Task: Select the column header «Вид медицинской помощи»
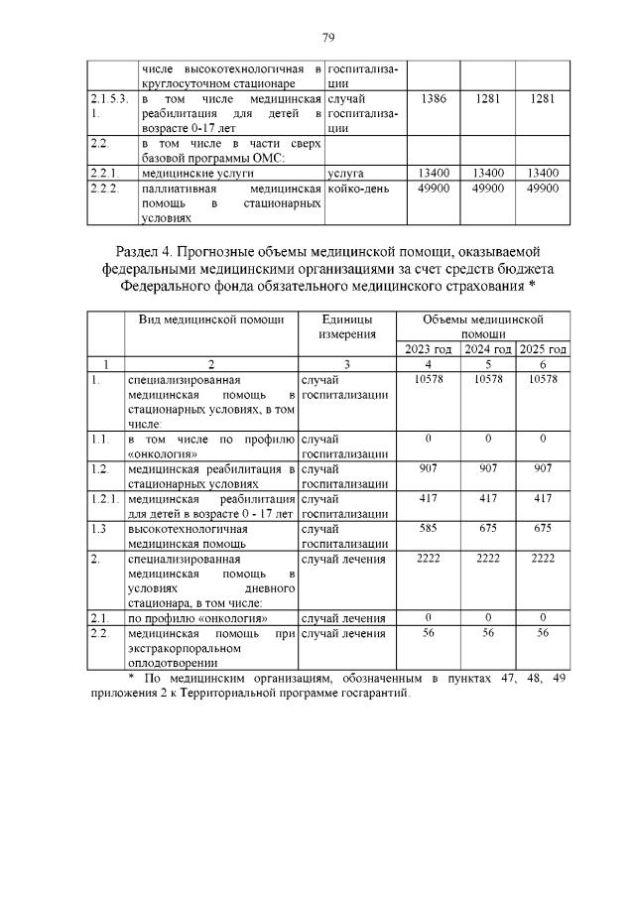210,320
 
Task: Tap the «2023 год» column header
429,349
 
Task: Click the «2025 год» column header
544,349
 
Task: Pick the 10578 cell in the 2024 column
486,379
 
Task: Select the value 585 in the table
429,529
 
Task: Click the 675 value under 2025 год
544,529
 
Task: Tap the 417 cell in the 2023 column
429,500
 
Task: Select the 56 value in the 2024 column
486,632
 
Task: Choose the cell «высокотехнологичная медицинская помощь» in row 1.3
189,536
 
